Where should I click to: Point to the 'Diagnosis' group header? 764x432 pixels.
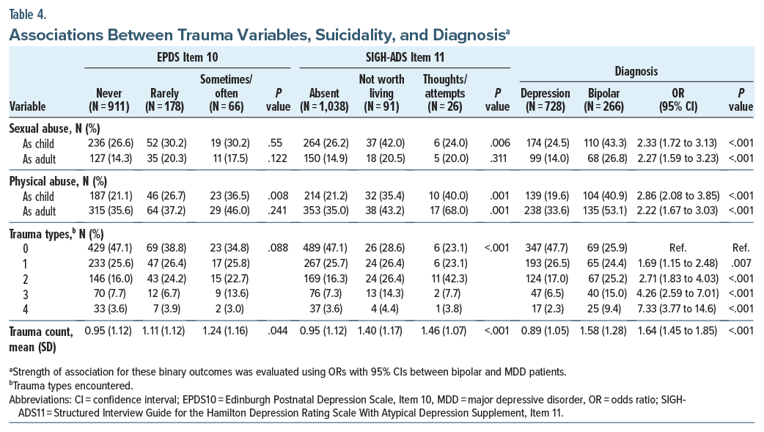tap(636, 72)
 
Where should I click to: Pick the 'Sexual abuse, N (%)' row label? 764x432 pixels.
tap(48, 128)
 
